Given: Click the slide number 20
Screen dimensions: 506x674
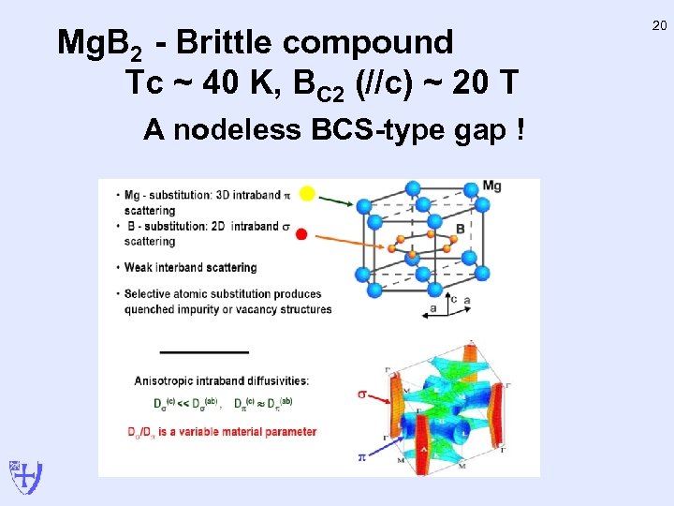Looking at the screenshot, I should pos(659,27).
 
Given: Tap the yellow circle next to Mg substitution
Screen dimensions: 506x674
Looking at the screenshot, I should pos(306,194).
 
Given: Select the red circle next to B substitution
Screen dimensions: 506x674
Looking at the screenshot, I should pos(301,233).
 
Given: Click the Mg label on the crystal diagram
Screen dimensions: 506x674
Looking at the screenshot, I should pos(492,186).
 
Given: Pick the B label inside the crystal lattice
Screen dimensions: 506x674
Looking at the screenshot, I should pos(460,229).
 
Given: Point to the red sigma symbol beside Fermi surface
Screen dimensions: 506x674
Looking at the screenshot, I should pos(362,394).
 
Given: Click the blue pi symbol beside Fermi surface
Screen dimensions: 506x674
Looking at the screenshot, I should pos(361,457).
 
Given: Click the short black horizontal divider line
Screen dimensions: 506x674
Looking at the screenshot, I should pos(204,351).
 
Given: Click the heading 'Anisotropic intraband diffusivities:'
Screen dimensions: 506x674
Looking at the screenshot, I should pos(221,380).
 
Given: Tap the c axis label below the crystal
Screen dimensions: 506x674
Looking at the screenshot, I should pos(453,299).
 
